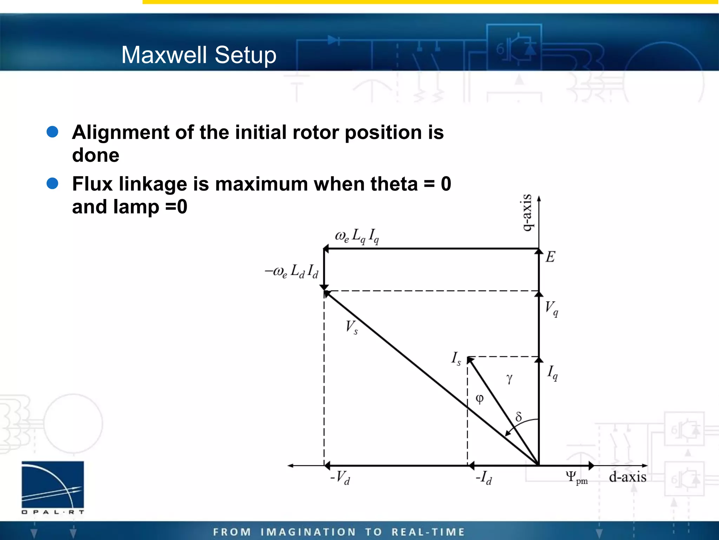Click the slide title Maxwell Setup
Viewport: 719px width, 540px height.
199,55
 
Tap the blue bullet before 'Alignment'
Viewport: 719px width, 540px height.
53,132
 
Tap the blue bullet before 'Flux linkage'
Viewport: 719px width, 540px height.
53,183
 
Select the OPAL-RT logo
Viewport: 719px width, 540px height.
53,487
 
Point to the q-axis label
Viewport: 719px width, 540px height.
527,213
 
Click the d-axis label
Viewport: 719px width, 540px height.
627,477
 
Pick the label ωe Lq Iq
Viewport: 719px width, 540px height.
357,236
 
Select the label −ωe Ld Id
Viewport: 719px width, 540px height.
292,271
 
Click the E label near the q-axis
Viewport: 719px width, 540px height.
550,257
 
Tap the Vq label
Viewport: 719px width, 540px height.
551,308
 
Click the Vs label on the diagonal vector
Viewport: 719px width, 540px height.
351,327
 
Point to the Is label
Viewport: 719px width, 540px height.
456,359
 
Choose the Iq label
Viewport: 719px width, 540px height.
552,373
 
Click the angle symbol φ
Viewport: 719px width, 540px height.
480,399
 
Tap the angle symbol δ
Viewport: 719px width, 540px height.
519,417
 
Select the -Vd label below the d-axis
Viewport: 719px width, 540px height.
340,478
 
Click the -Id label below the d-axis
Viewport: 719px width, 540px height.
483,478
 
